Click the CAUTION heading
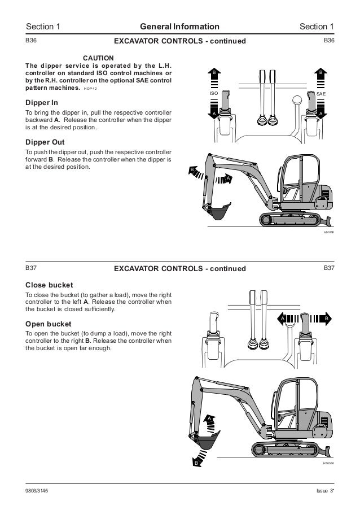(99, 58)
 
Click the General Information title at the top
(180, 26)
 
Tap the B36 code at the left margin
(31, 41)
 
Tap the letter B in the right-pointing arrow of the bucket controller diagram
(326, 319)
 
